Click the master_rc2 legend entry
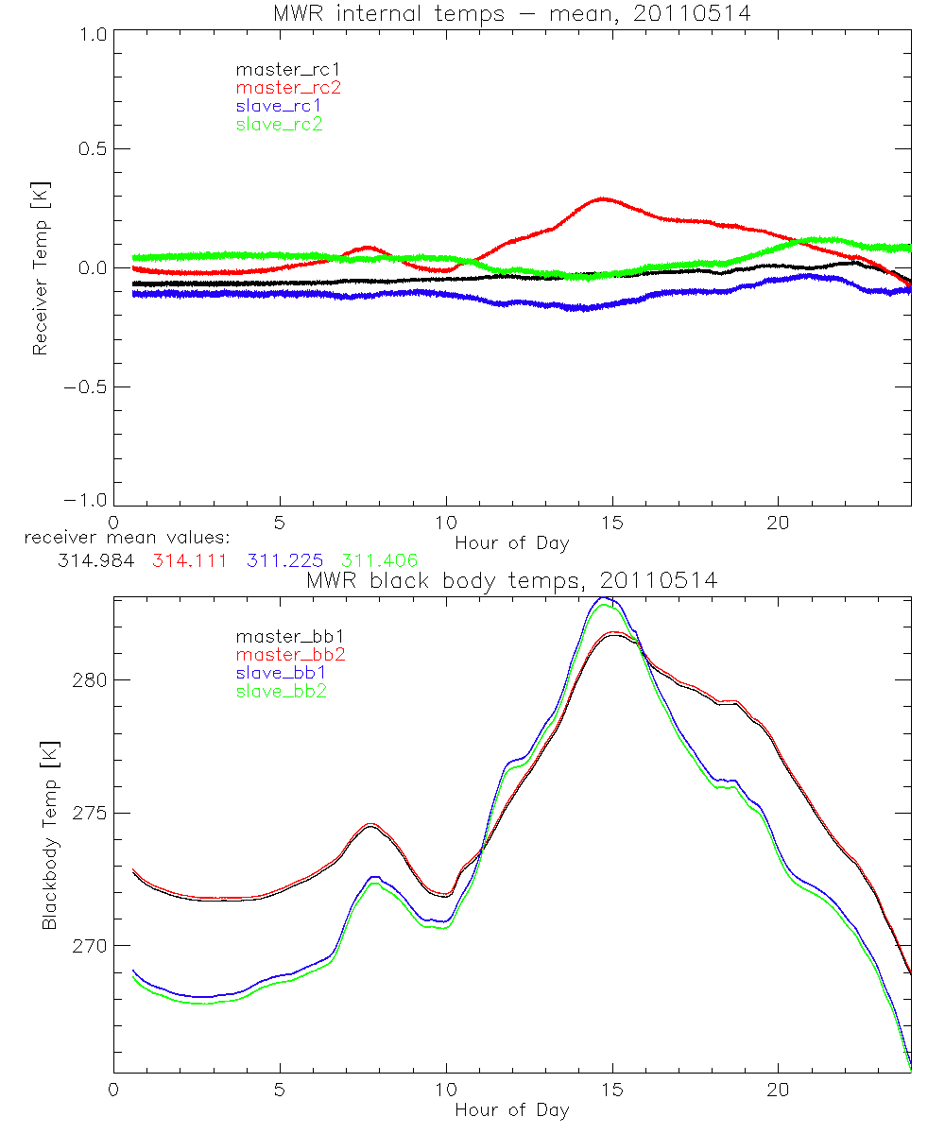coord(288,88)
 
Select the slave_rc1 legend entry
coord(279,106)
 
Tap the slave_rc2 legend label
coord(279,124)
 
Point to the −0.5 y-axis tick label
coord(88,387)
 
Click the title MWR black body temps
coord(511,581)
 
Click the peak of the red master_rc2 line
coord(602,198)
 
